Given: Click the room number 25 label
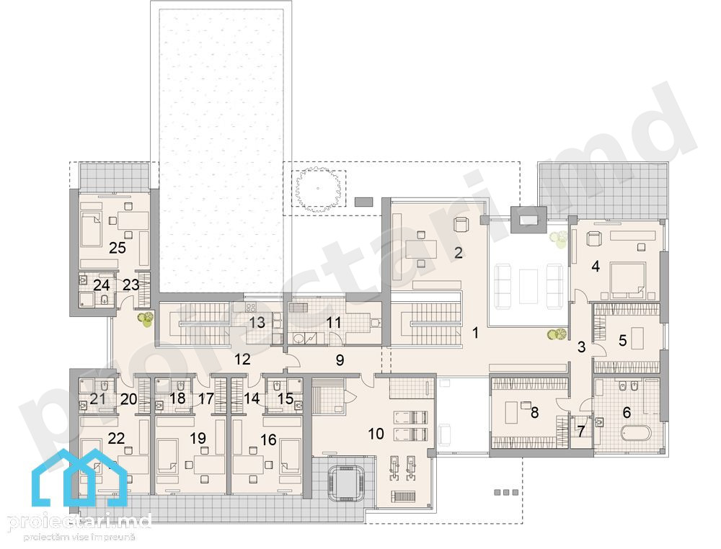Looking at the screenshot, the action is coord(118,248).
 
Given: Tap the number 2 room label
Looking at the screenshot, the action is coord(458,253).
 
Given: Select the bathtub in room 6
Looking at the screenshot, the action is coord(636,434).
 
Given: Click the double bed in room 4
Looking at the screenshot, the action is coord(627,278).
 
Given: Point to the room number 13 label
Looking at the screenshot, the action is coord(257,323).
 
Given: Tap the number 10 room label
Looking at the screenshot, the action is coord(376,433).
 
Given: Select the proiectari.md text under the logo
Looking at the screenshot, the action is coord(80,522).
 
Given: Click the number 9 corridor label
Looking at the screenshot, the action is coord(340,360).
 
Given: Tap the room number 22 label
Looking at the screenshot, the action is coord(116,438).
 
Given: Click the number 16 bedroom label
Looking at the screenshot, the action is coord(268,440).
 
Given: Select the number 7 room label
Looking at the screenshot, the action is coord(580,432).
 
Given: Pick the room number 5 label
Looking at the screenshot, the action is coord(623,341).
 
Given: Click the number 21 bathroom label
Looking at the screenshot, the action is coord(98,398).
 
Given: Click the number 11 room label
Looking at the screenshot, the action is coord(334,323).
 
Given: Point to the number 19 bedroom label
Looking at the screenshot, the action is coord(198,438).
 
